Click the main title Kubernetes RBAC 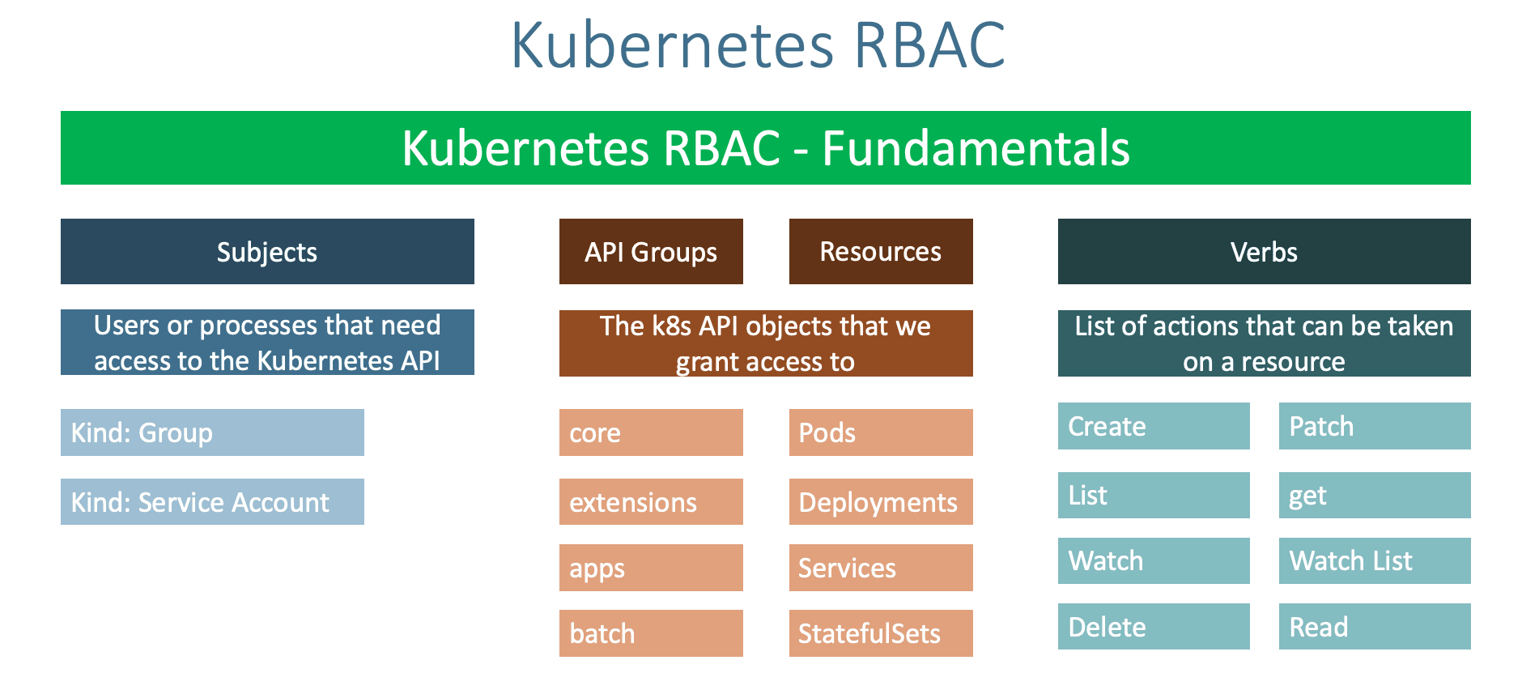(x=758, y=45)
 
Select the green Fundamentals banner (x=765, y=147)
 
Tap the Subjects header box (x=267, y=251)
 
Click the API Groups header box (x=651, y=251)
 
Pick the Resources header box (x=881, y=251)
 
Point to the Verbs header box (x=1264, y=251)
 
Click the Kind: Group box (x=212, y=432)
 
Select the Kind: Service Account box (x=212, y=501)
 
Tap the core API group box (x=651, y=432)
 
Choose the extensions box (x=651, y=501)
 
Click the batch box (x=651, y=632)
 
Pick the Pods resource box (x=881, y=432)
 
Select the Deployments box (x=881, y=501)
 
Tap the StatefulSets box (x=881, y=632)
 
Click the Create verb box (x=1154, y=426)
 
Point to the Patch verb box (x=1375, y=426)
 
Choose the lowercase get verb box (x=1375, y=495)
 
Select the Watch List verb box (x=1375, y=560)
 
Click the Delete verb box (x=1154, y=626)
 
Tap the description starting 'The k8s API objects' (x=765, y=343)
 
